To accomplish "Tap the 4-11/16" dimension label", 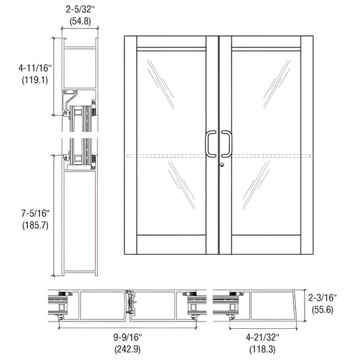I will coord(28,68).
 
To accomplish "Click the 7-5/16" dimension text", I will coord(28,213).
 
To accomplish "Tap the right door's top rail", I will coord(265,43).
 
